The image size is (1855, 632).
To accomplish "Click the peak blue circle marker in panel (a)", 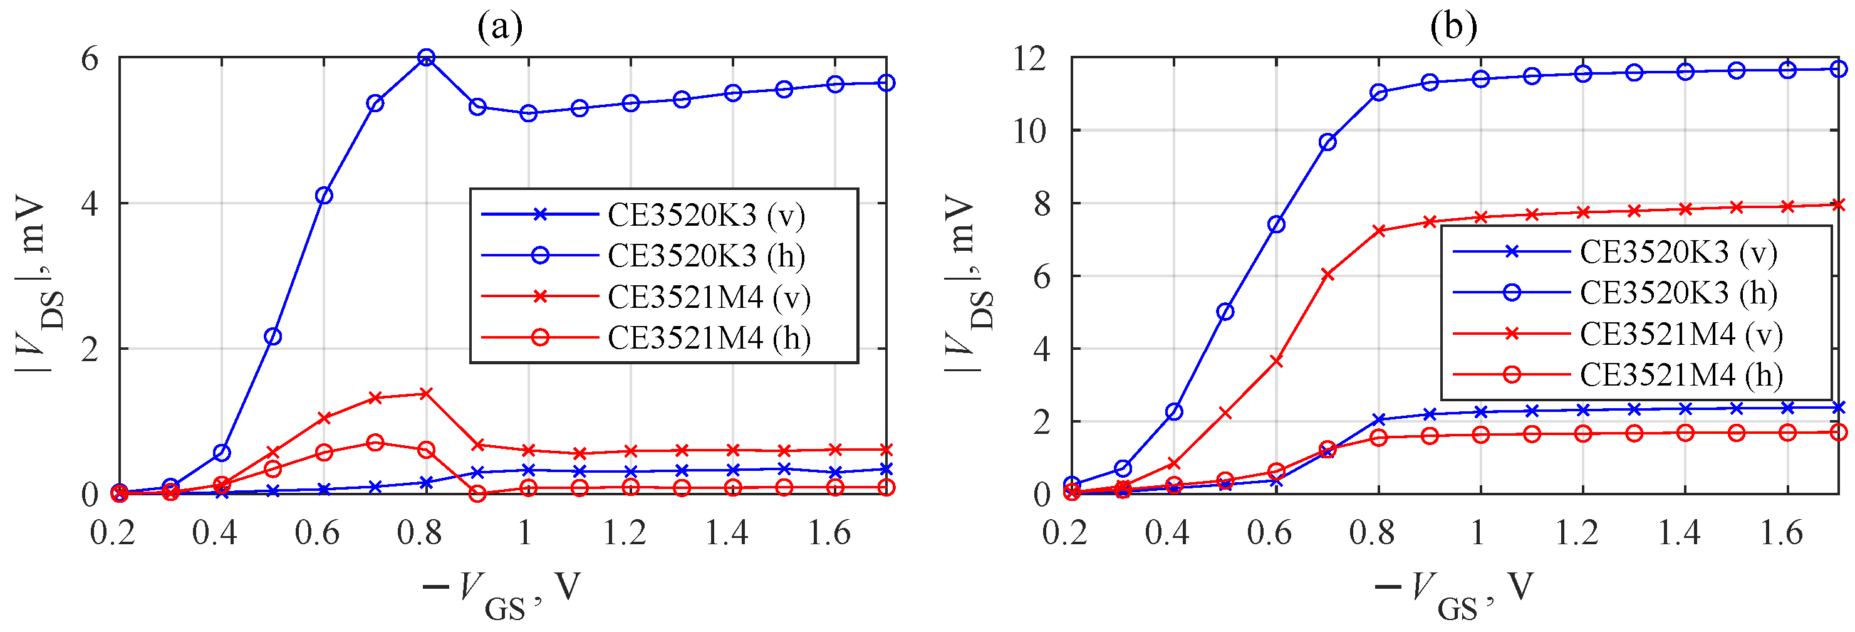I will (425, 58).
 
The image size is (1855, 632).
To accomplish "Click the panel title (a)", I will (500, 27).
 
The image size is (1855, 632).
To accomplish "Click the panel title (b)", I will (1453, 27).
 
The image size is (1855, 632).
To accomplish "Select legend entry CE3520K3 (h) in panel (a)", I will (705, 256).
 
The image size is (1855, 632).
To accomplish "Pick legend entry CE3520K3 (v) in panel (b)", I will (1677, 251).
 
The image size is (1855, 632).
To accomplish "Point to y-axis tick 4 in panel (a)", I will (90, 204).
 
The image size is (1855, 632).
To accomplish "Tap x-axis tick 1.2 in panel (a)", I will (625, 534).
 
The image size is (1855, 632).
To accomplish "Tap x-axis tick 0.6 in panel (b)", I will (1269, 534).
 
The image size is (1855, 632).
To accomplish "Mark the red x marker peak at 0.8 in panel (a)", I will (425, 394).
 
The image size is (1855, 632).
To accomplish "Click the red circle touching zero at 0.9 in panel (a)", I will (477, 494).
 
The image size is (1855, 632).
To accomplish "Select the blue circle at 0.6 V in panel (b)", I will (1276, 225).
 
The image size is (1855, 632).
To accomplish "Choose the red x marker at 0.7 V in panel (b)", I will (1327, 275).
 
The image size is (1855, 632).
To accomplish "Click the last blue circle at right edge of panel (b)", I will (1839, 69).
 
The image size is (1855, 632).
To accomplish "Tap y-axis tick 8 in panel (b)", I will (1041, 204).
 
